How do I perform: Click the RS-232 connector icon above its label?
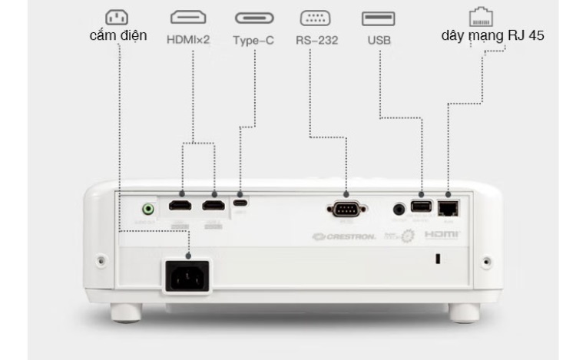315,18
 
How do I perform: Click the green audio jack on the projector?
147,208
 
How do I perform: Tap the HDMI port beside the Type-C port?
214,206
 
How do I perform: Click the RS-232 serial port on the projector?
344,207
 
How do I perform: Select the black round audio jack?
399,208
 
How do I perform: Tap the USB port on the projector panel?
421,206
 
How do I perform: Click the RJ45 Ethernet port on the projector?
447,206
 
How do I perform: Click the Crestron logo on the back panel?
344,236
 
